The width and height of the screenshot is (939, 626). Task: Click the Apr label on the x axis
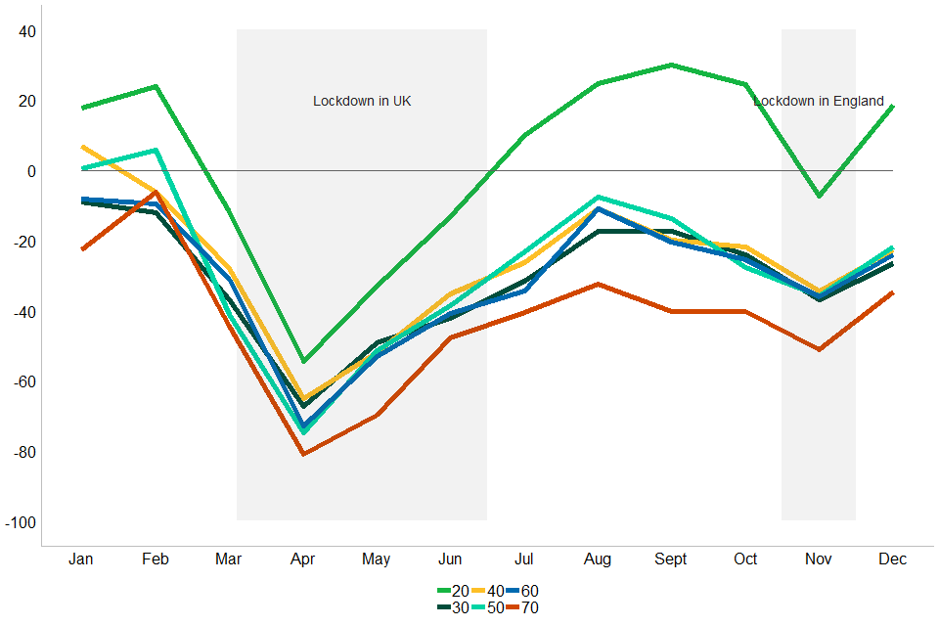[x=302, y=559]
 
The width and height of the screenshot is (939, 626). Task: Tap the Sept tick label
[x=671, y=559]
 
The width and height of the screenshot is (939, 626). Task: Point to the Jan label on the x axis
[x=81, y=559]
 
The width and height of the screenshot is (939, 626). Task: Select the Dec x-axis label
[x=892, y=559]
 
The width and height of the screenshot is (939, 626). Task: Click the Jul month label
[x=523, y=559]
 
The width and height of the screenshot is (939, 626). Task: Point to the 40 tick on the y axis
[x=26, y=31]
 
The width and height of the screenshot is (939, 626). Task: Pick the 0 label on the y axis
[x=31, y=172]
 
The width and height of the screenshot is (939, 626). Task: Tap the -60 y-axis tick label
[x=22, y=382]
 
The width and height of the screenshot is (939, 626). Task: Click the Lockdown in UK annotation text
[x=362, y=101]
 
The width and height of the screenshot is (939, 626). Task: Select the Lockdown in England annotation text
[x=819, y=101]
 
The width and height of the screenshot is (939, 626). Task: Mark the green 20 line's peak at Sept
[x=671, y=65]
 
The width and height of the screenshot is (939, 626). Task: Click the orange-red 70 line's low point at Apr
[x=303, y=454]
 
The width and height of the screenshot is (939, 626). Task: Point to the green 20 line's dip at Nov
[x=819, y=197]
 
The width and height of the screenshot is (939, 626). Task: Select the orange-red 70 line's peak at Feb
[x=156, y=193]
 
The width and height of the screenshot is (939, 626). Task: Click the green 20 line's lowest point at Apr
[x=303, y=361]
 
